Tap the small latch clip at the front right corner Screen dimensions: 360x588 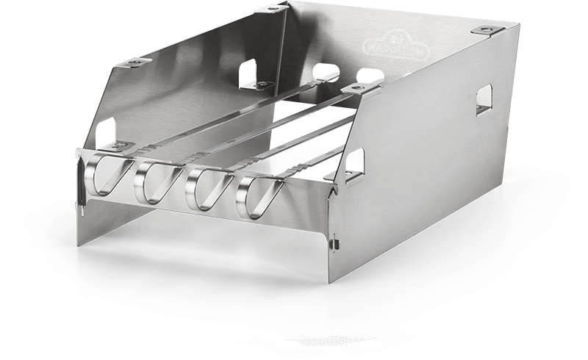334,242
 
